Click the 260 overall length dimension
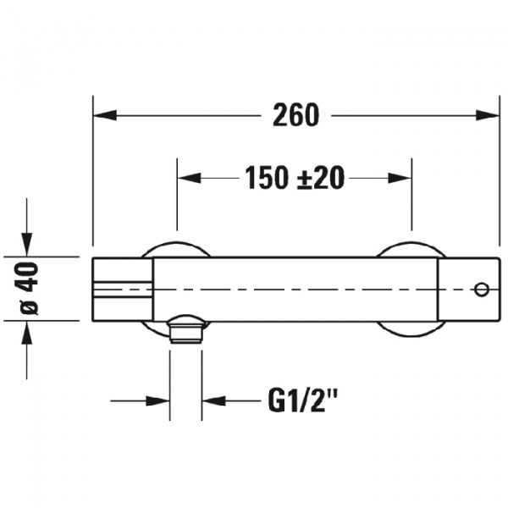point(295,115)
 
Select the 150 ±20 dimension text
point(294,178)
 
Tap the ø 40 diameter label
point(29,288)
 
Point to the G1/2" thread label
point(303,400)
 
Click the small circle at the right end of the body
point(482,290)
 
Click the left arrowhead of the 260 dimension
point(105,115)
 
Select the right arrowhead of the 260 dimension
point(487,115)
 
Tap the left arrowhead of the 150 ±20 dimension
point(189,178)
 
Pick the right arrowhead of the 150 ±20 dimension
point(400,178)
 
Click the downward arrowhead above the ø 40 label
point(27,245)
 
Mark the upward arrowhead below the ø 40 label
point(27,333)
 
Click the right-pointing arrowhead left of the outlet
point(157,400)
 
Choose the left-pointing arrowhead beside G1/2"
point(214,400)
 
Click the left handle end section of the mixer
point(123,290)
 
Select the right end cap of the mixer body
point(468,290)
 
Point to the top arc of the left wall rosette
point(177,242)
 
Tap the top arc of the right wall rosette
point(411,242)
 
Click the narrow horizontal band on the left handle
point(123,290)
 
